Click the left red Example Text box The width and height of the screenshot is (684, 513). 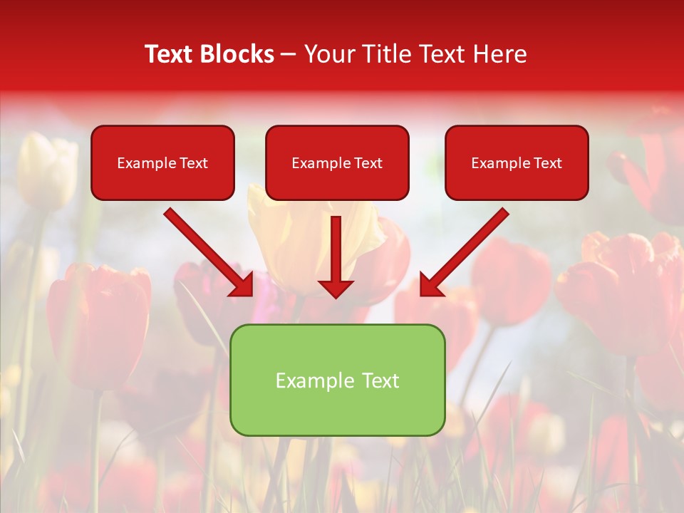coord(162,162)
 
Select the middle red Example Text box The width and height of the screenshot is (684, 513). coord(337,162)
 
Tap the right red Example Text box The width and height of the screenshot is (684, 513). coord(517,162)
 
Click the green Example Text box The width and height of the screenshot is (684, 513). coord(337,380)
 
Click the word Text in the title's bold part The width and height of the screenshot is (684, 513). coord(168,54)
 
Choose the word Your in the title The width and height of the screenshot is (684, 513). coord(330,54)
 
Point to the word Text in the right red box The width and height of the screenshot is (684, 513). coord(547,163)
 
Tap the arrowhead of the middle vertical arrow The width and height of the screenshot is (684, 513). coord(336,289)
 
